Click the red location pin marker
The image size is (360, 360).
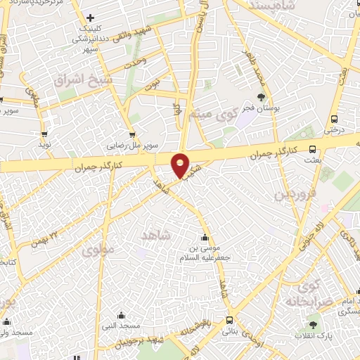coord(181,165)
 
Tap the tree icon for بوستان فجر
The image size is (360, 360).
coord(261,98)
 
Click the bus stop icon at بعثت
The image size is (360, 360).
coord(313,149)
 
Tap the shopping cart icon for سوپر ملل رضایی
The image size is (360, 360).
coord(131,134)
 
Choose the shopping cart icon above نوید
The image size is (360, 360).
coord(45,134)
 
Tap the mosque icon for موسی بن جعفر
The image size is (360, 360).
coord(205,237)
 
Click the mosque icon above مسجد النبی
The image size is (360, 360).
coord(120,315)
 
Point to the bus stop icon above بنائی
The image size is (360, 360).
coord(229,320)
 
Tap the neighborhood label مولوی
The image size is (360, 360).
coord(96,249)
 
